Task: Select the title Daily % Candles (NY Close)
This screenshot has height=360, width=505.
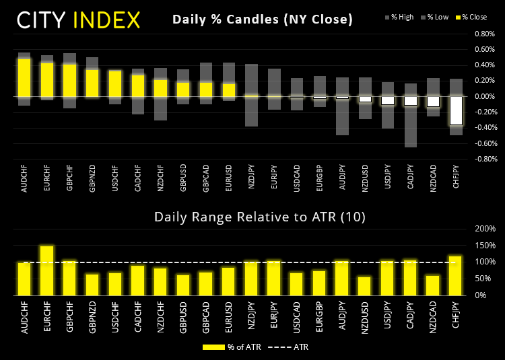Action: [263, 20]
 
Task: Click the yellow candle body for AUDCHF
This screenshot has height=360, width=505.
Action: [24, 77]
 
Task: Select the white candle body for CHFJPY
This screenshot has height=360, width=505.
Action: [457, 110]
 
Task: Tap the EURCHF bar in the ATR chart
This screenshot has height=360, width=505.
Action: [46, 271]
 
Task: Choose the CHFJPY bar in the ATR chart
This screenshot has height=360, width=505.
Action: [457, 275]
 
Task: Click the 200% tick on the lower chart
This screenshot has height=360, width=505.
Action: [483, 229]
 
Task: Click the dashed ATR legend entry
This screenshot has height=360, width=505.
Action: [286, 347]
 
